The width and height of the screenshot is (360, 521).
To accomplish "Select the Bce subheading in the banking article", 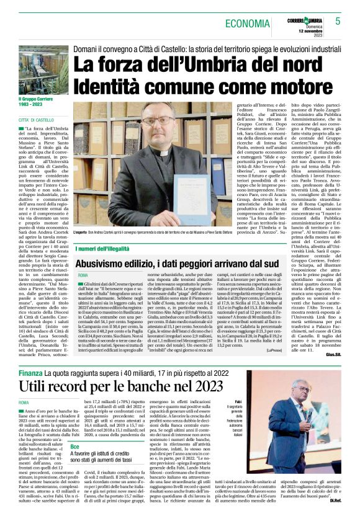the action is [x=92, y=447].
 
